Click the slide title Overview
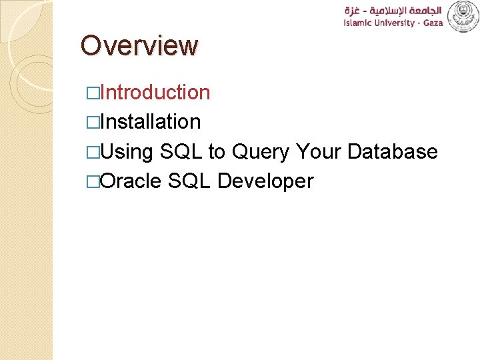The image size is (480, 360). pyautogui.click(x=139, y=46)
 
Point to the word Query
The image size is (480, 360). pyautogui.click(x=261, y=152)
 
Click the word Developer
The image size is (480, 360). pyautogui.click(x=265, y=181)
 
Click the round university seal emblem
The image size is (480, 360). pyautogui.click(x=463, y=16)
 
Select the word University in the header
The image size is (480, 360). pyautogui.click(x=393, y=23)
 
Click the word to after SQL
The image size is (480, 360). pyautogui.click(x=217, y=152)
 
